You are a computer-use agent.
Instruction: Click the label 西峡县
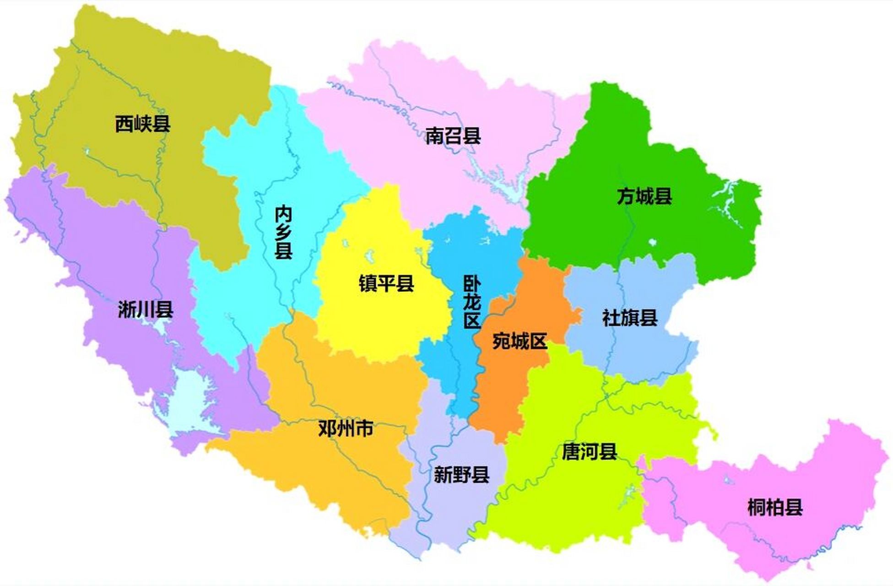(x=142, y=124)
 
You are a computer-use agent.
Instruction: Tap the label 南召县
(x=453, y=136)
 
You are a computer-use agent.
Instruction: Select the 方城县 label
(x=644, y=196)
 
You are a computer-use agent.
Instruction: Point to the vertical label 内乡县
(x=283, y=232)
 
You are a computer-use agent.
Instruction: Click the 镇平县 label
(x=386, y=283)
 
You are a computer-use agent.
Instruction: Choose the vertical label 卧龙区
(x=472, y=302)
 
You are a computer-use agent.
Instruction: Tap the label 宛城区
(x=520, y=341)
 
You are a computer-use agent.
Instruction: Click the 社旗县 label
(x=630, y=318)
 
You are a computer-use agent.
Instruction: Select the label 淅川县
(x=146, y=309)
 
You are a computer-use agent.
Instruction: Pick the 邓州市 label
(x=346, y=429)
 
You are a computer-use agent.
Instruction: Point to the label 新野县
(x=461, y=475)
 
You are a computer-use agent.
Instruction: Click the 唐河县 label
(x=589, y=452)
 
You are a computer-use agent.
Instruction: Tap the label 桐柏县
(x=774, y=508)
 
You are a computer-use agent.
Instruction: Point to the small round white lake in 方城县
(x=652, y=242)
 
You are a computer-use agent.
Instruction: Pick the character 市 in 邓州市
(x=364, y=429)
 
